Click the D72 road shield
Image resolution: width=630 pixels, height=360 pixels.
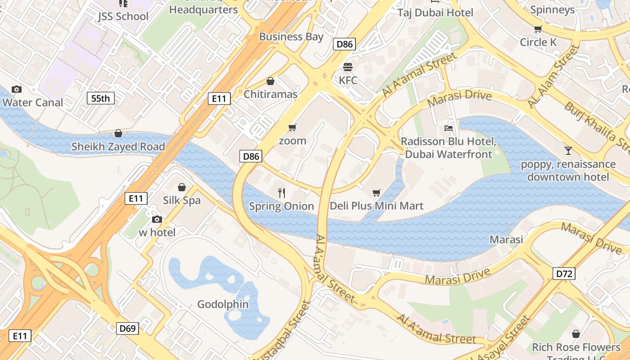[x=564, y=273]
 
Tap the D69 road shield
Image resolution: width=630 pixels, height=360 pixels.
[x=127, y=328]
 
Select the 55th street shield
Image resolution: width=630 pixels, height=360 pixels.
[x=101, y=98]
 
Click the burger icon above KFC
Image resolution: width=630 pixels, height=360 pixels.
[x=347, y=67]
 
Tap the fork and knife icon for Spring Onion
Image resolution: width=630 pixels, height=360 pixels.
[x=282, y=193]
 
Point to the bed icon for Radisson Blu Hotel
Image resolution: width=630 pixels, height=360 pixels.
[x=449, y=128]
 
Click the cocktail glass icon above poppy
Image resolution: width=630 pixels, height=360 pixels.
[x=568, y=151]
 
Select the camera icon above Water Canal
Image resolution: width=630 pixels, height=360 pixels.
[x=17, y=89]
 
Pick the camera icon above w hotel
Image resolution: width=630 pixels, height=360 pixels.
[x=157, y=219]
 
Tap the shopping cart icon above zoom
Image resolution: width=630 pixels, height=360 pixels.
[x=292, y=128]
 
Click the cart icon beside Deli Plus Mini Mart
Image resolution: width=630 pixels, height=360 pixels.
[x=377, y=193]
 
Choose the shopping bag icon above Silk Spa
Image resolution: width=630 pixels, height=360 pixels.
[x=182, y=187]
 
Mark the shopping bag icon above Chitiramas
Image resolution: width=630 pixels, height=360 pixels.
[x=270, y=81]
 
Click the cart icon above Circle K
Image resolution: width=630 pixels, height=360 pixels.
[x=538, y=29]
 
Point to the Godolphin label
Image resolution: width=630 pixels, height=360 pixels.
[x=223, y=304]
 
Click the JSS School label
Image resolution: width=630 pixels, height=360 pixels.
[x=123, y=17]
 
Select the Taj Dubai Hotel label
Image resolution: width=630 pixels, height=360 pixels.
[x=435, y=13]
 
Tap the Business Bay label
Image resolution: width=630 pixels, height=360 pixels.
[x=291, y=37]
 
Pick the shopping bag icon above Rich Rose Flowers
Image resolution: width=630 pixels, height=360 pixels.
[x=576, y=334]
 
